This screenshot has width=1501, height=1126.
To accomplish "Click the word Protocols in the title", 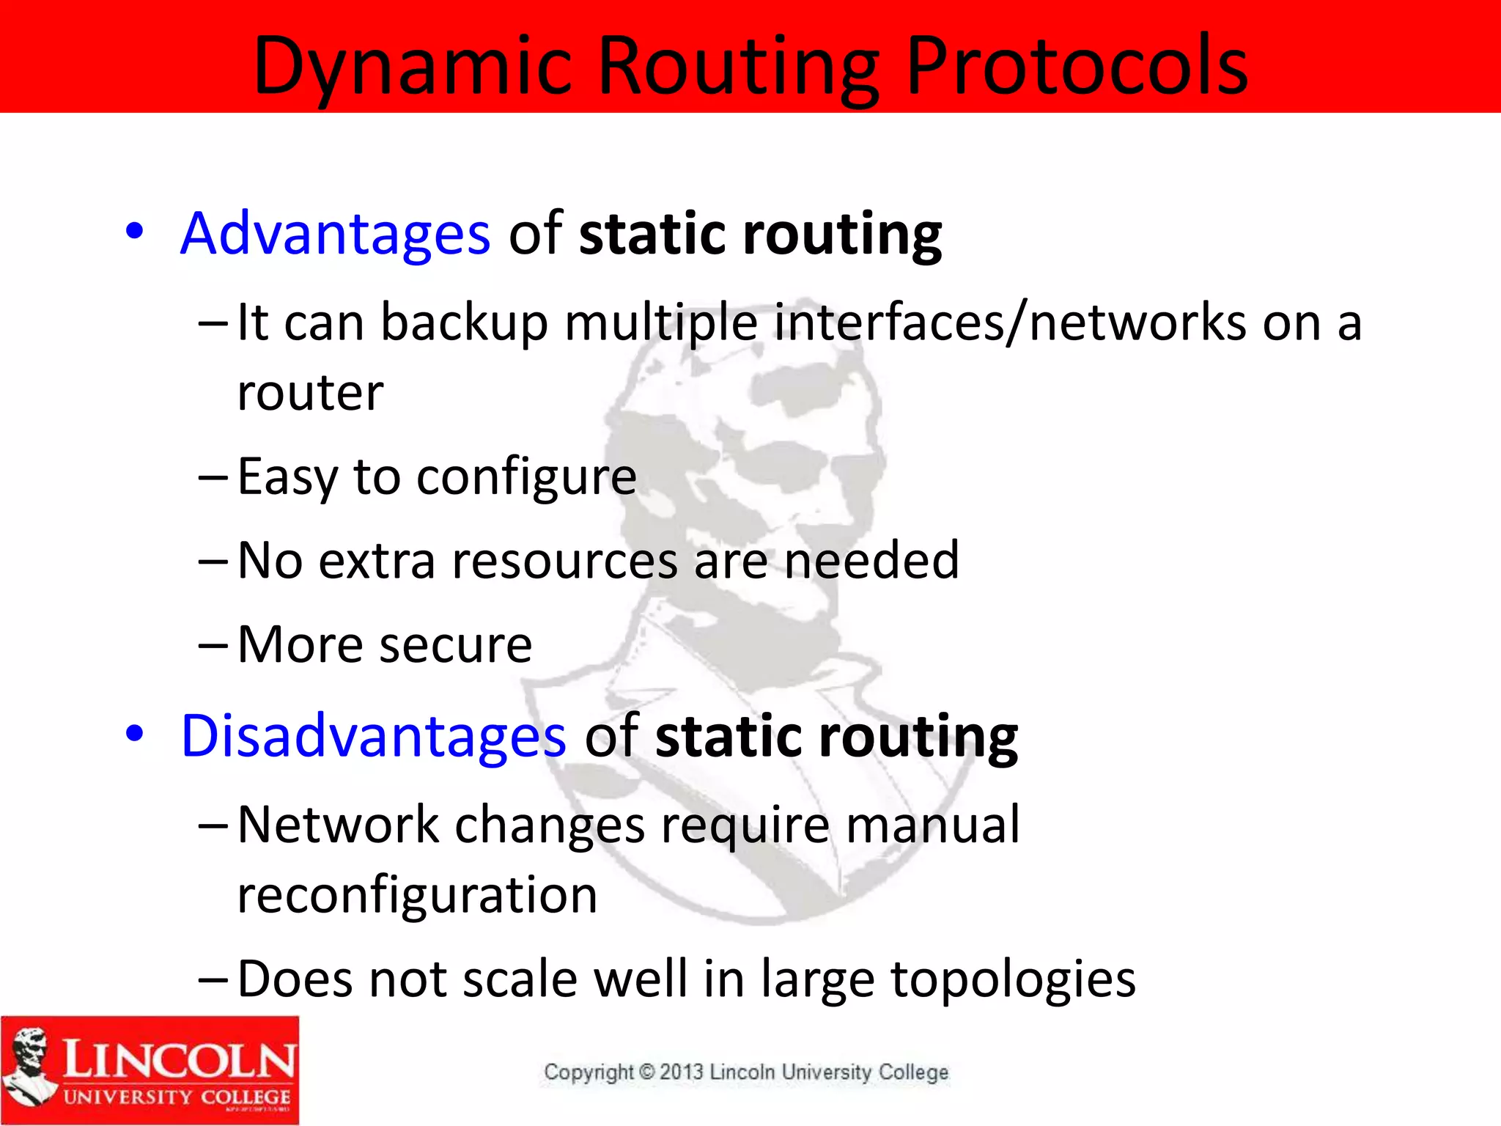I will coord(1077,67).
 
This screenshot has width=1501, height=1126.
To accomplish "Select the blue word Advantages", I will coord(335,234).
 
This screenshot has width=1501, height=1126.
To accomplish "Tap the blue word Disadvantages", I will coord(373,736).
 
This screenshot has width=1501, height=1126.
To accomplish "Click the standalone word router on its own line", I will coord(310,393).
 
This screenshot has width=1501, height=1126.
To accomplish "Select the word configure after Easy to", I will coord(526,478).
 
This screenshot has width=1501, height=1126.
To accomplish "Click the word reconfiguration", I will coord(418,896).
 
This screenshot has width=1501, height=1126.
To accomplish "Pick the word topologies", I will coord(1013,980).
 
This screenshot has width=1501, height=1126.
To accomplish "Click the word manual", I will coord(932,825).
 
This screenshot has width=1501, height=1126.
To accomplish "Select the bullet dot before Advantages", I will coord(134,232).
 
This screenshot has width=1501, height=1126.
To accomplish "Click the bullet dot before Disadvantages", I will coord(134,734).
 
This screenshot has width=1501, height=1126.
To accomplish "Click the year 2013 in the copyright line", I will coord(681,1072).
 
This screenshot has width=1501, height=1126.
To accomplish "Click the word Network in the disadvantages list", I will coord(338,825).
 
